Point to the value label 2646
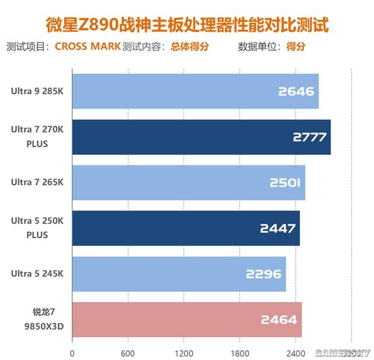(296, 92)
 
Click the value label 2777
(309, 137)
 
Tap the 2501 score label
(283, 183)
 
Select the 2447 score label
(277, 228)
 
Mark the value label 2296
(264, 274)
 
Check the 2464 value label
(279, 320)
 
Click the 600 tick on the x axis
(128, 352)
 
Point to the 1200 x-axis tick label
(183, 352)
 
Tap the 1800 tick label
(239, 352)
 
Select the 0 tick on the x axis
(72, 352)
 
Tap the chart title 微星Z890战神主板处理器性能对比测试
(188, 25)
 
